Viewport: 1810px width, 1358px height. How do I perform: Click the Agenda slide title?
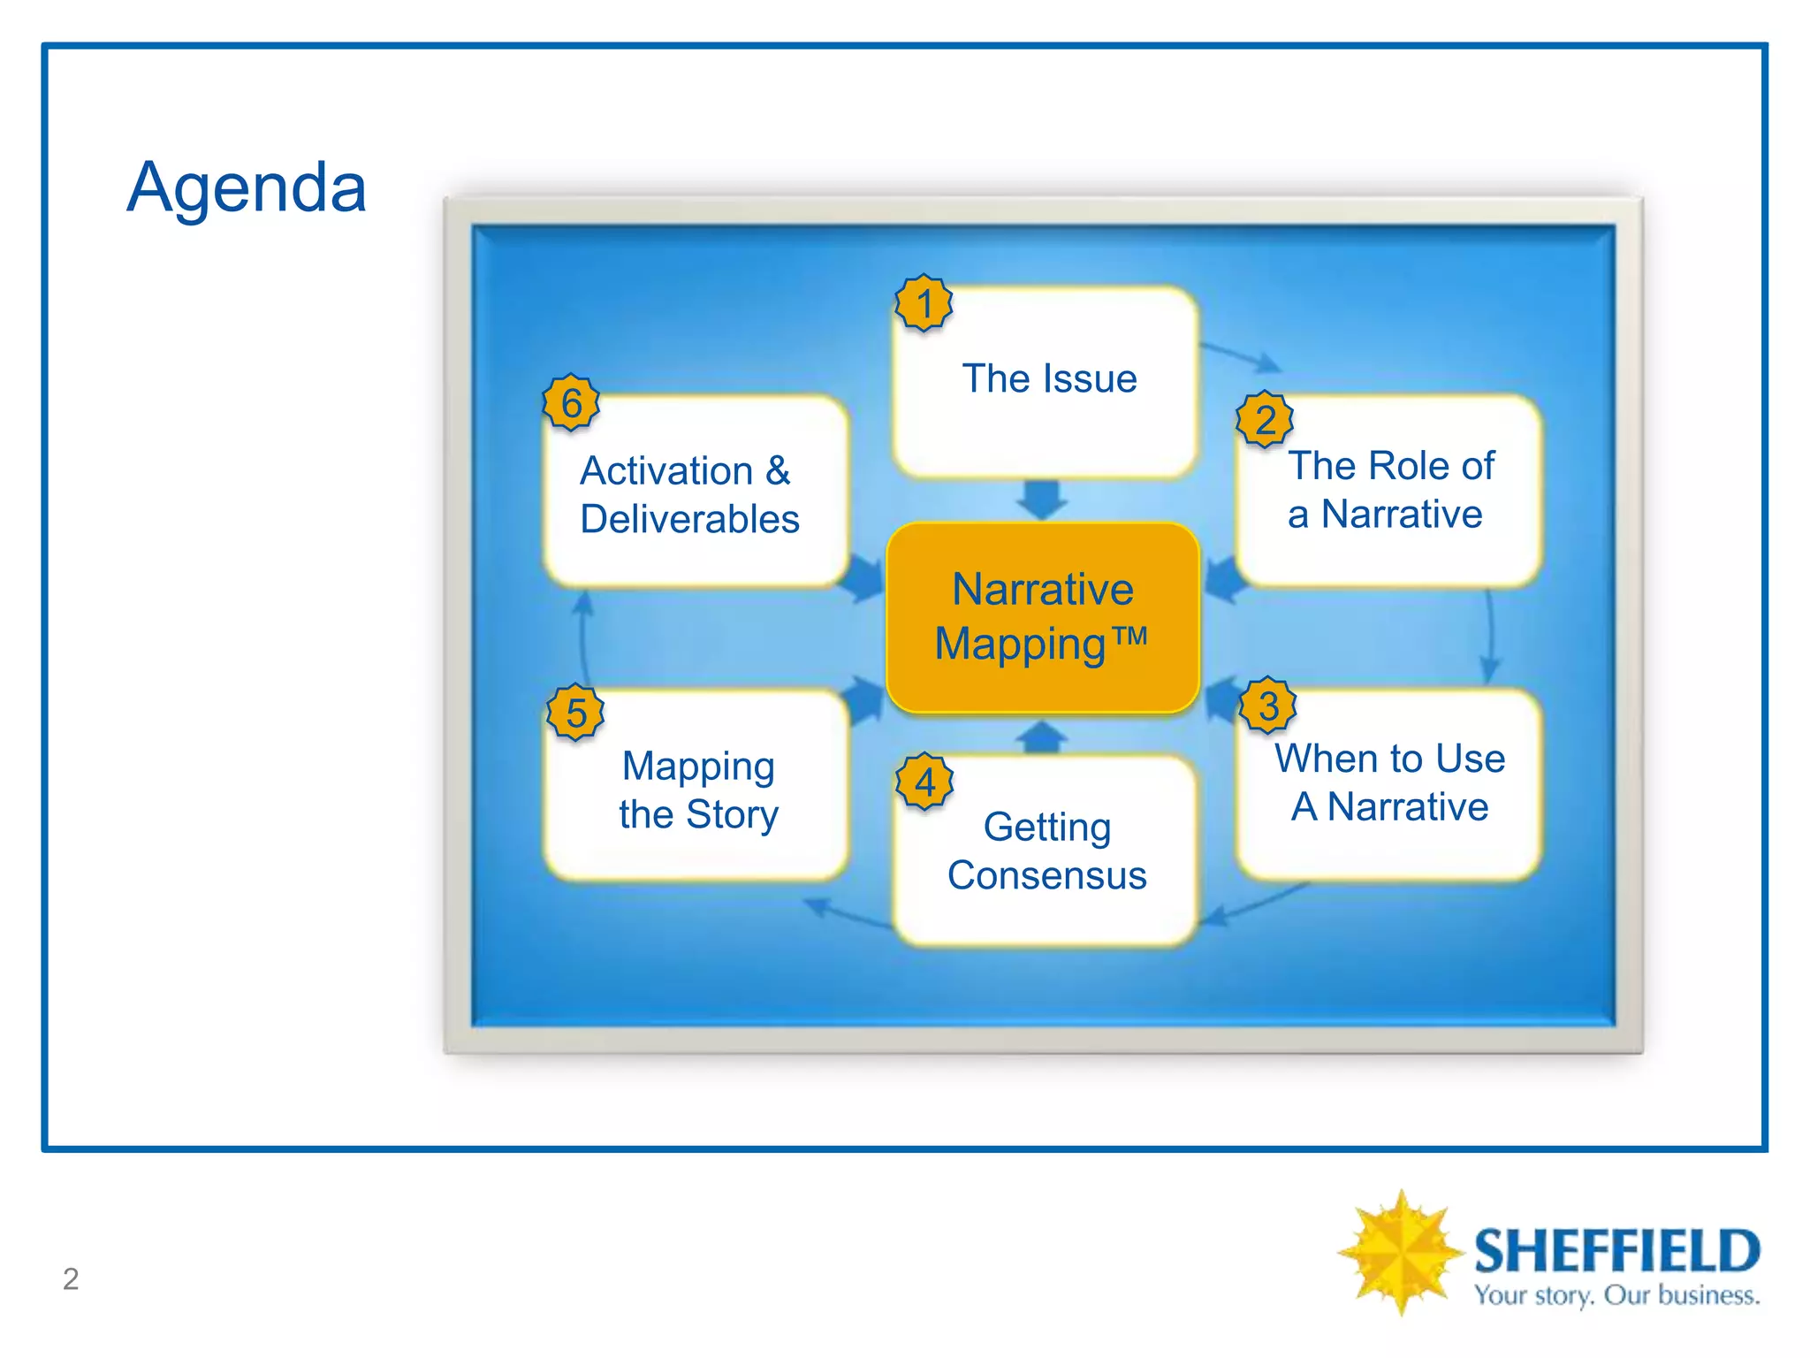[x=247, y=187]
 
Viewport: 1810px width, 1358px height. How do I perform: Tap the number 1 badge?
[x=924, y=303]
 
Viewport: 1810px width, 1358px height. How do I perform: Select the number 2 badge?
[x=1265, y=420]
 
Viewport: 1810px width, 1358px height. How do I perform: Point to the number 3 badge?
[x=1267, y=706]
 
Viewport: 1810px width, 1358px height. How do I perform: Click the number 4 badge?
[x=924, y=782]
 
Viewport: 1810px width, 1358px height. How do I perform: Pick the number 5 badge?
[x=575, y=713]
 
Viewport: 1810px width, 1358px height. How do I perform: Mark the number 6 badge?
[x=571, y=403]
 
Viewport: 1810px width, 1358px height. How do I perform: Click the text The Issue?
[x=1049, y=378]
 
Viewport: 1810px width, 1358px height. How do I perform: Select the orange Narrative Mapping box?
[x=1043, y=616]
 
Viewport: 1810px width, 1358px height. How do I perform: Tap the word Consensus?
[x=1046, y=875]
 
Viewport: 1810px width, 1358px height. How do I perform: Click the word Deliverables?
[x=689, y=519]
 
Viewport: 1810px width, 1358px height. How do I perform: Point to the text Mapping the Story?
[x=698, y=790]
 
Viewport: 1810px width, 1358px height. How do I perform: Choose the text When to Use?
[x=1389, y=759]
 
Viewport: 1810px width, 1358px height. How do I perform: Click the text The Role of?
[x=1391, y=466]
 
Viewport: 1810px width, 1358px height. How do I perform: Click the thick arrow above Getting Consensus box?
[x=1043, y=736]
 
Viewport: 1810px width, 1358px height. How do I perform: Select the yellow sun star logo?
[x=1399, y=1252]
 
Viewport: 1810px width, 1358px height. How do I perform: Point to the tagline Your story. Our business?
[x=1616, y=1296]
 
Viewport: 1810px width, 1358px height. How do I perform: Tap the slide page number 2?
[x=71, y=1278]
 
